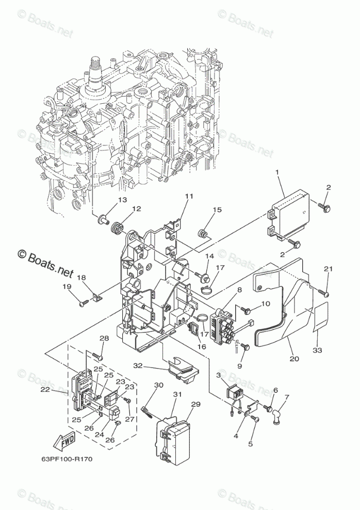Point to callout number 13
[122, 200]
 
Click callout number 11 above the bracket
[189, 196]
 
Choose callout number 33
[317, 351]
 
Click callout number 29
[195, 405]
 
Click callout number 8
[240, 290]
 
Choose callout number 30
[158, 385]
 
